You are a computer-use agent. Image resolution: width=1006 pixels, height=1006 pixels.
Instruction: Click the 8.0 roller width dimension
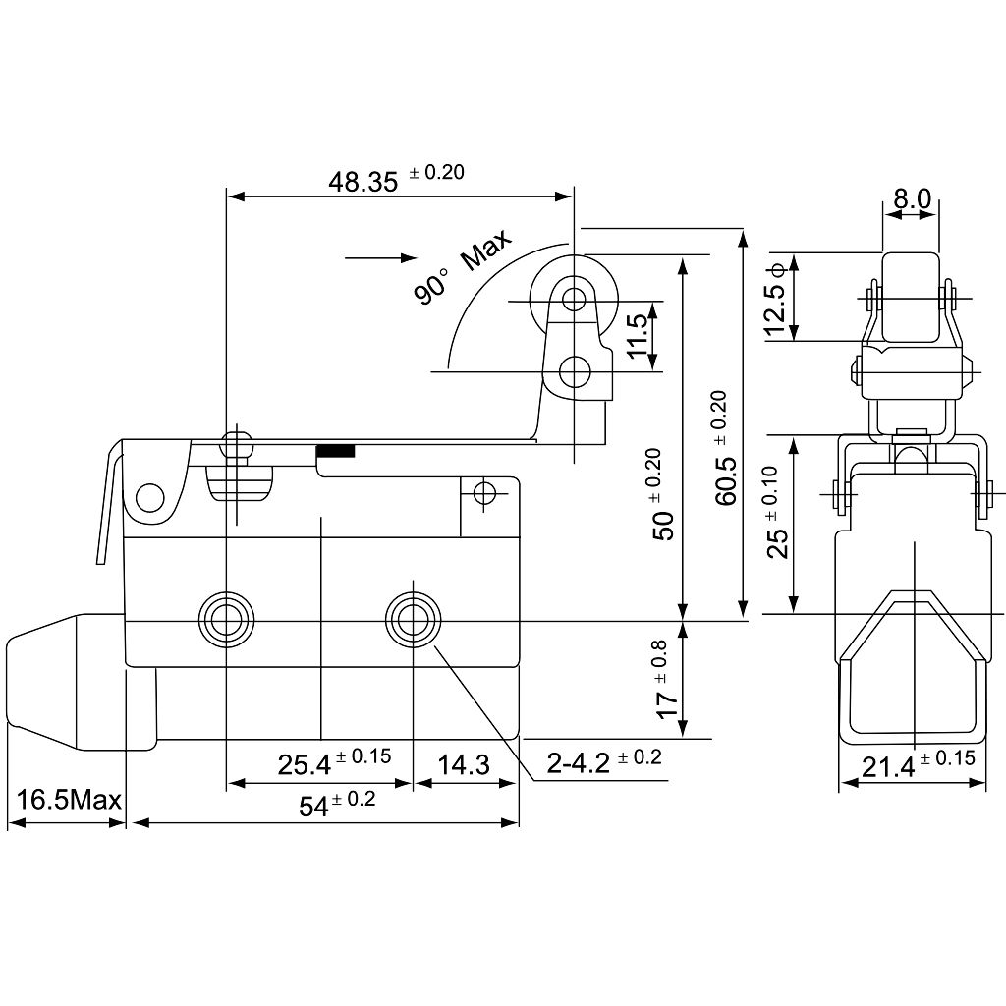coord(912,198)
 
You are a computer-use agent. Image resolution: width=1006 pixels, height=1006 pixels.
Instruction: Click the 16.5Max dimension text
coord(69,800)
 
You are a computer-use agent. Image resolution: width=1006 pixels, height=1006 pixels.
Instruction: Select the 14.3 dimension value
coord(464,764)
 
